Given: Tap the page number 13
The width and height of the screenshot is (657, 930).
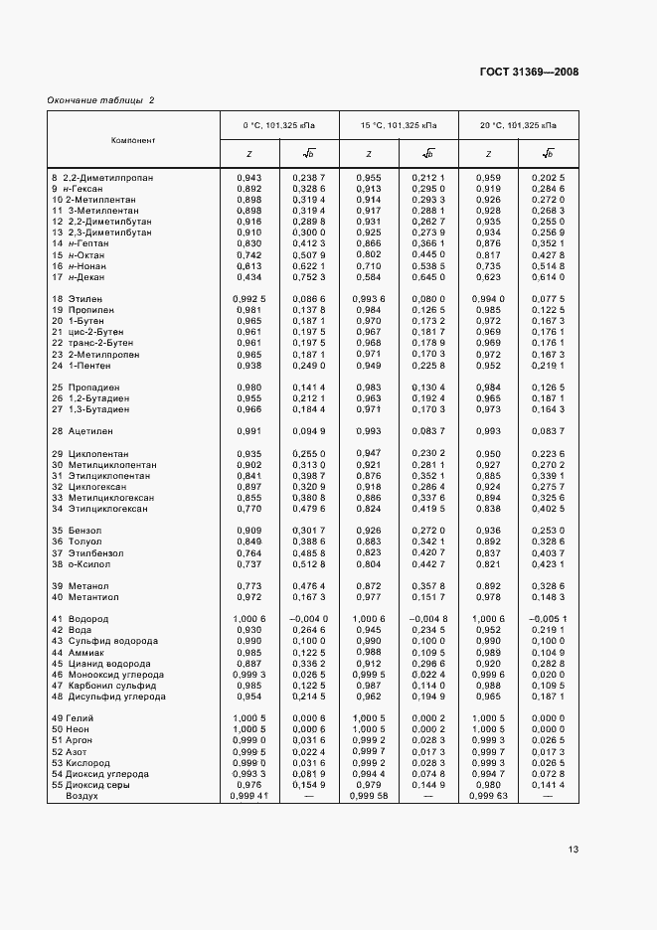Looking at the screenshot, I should click(x=573, y=850).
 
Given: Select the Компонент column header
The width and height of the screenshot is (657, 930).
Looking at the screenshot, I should click(x=132, y=140).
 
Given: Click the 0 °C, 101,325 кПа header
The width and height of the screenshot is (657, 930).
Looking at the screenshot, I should click(x=279, y=126).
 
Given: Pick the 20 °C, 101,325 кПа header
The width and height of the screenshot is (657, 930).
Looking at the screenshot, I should click(x=518, y=126).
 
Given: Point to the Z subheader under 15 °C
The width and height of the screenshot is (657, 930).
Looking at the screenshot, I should click(x=369, y=154).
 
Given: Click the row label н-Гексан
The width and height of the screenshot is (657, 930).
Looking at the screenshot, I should click(x=88, y=188).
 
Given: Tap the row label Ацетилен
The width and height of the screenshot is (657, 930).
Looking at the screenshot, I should click(x=90, y=431).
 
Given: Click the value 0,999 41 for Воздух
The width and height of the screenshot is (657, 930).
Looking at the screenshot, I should click(x=249, y=796).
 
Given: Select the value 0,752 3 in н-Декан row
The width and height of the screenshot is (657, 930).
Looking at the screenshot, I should click(x=309, y=276).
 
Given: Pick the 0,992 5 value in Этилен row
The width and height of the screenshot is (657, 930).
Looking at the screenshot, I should click(x=249, y=299).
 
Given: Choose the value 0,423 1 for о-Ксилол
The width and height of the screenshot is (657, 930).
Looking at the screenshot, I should click(x=548, y=563).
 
